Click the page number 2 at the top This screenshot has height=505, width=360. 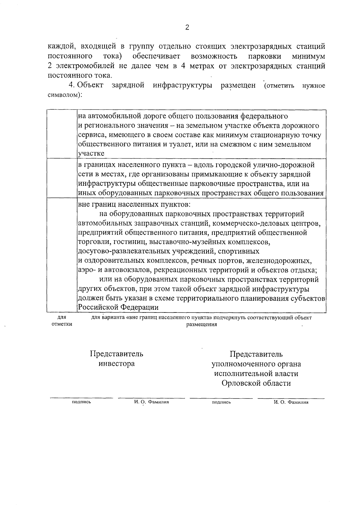(x=187, y=28)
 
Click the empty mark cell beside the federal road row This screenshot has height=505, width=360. (x=62, y=134)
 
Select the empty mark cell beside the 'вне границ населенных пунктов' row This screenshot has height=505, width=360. (x=62, y=255)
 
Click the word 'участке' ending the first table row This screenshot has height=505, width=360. (x=91, y=154)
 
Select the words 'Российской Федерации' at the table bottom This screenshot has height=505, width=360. (x=118, y=307)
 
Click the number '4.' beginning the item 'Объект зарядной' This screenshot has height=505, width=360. (x=72, y=85)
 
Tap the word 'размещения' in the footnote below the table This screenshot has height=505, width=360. (x=201, y=325)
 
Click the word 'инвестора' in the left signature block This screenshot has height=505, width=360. (x=117, y=364)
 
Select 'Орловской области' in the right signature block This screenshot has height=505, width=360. (x=256, y=383)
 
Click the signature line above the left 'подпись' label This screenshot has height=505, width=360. (x=81, y=398)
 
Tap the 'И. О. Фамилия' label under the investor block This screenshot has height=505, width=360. (x=151, y=402)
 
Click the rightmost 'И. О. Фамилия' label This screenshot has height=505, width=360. (x=291, y=402)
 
